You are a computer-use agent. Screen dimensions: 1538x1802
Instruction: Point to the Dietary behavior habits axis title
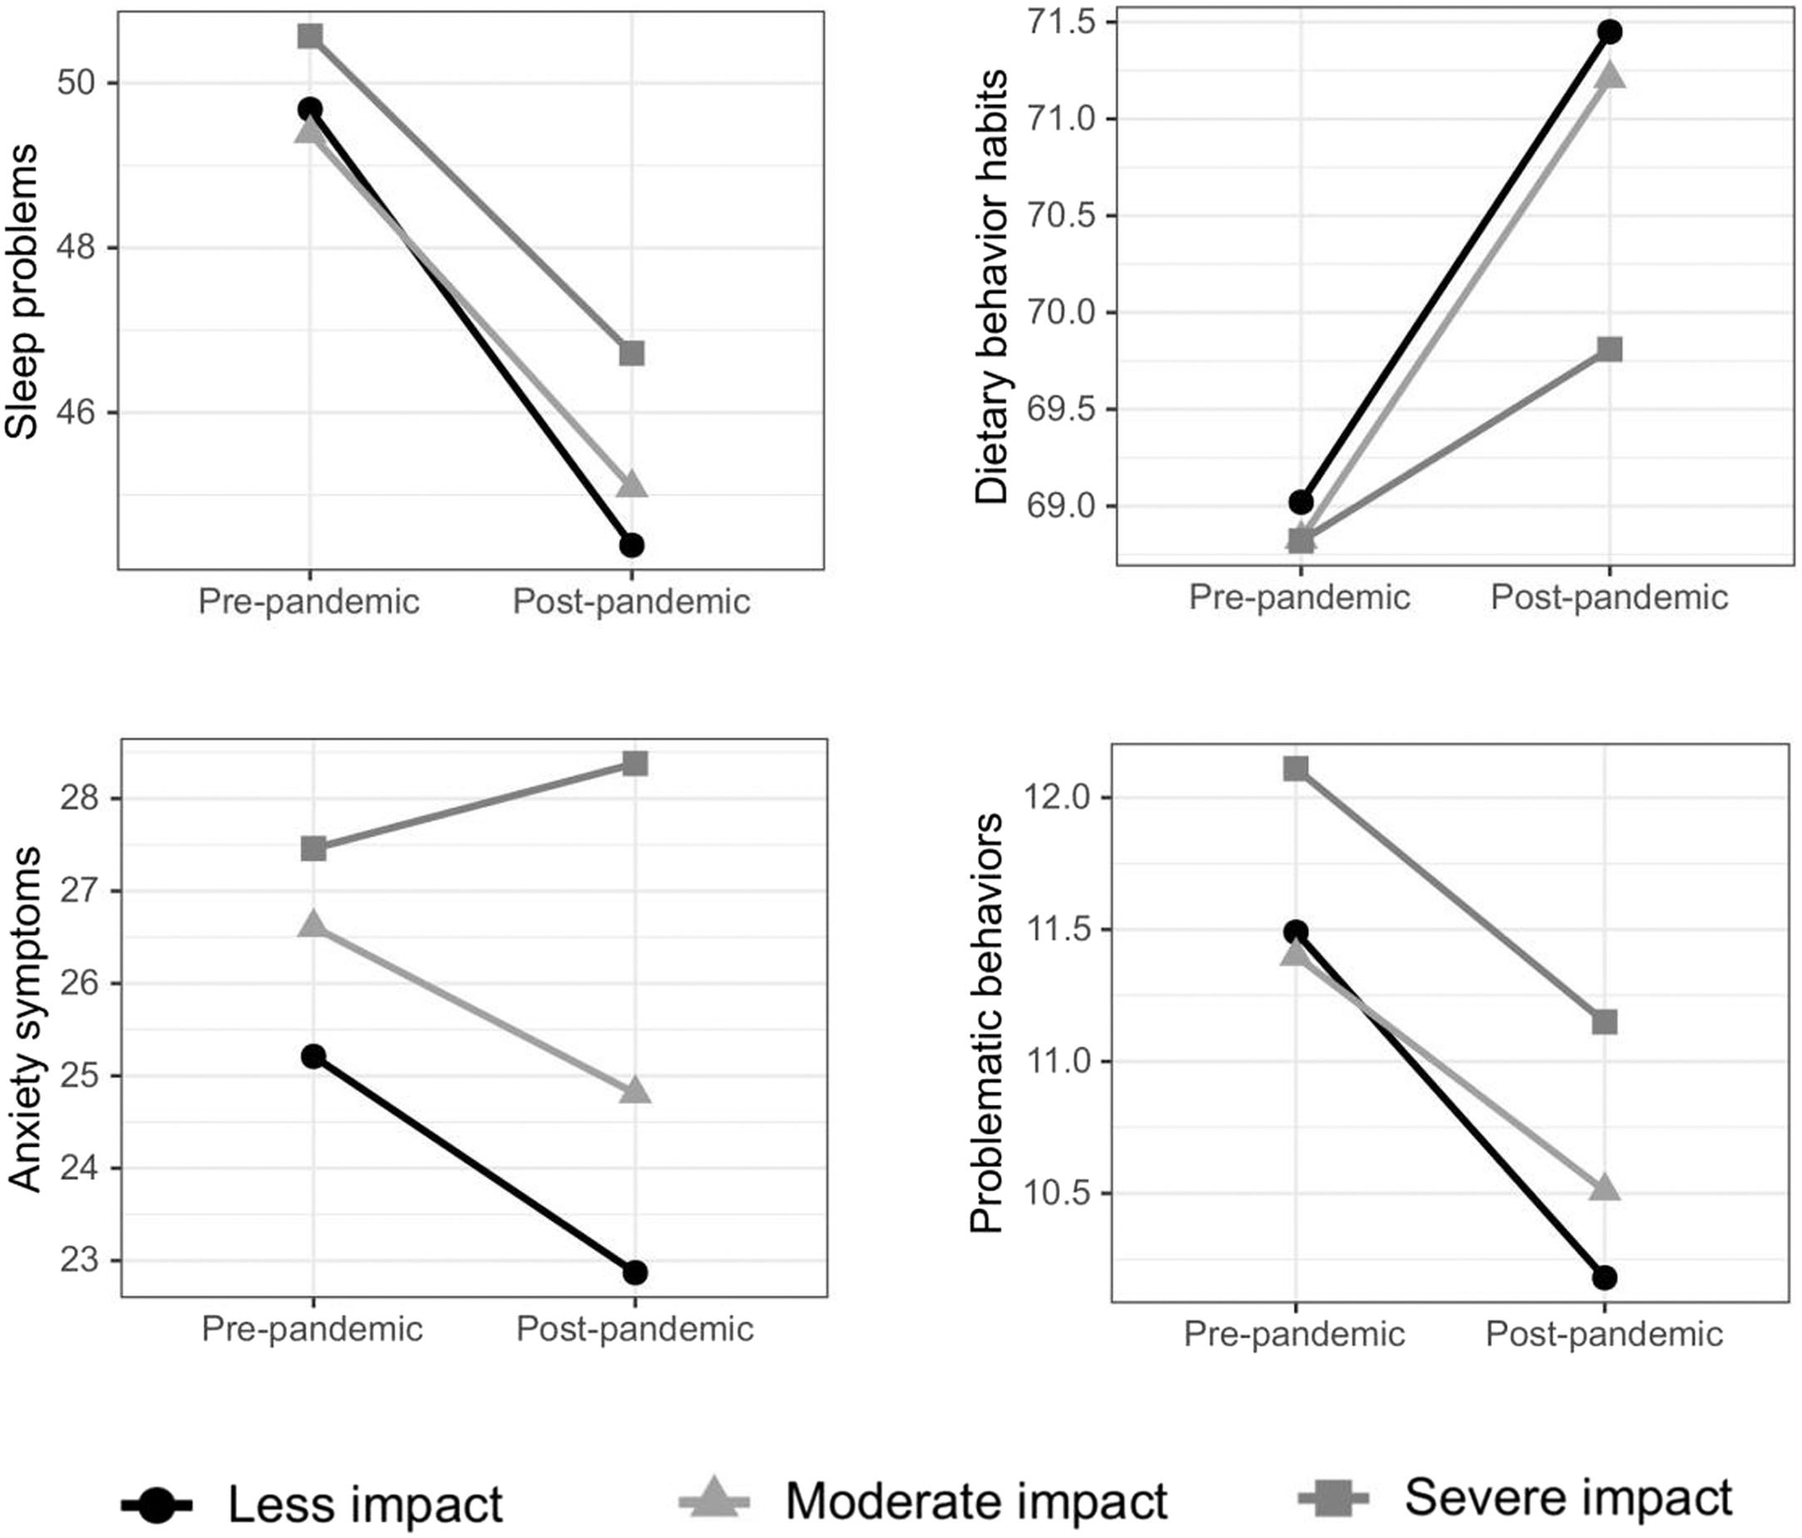pyautogui.click(x=990, y=288)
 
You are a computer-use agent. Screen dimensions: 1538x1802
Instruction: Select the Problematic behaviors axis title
pyautogui.click(x=987, y=1023)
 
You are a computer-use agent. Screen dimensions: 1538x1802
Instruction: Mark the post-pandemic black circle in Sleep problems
pyautogui.click(x=631, y=545)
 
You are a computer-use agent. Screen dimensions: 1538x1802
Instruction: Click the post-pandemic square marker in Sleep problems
pyautogui.click(x=631, y=353)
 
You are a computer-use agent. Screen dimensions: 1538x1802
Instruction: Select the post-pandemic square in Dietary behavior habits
pyautogui.click(x=1609, y=349)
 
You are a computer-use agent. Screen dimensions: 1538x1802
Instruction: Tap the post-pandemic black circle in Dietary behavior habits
pyautogui.click(x=1609, y=32)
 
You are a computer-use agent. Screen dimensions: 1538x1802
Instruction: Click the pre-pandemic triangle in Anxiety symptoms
pyautogui.click(x=313, y=925)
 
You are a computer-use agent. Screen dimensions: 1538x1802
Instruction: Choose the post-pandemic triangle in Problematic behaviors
pyautogui.click(x=1605, y=1188)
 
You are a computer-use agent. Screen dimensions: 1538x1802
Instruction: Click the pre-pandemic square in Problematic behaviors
pyautogui.click(x=1295, y=767)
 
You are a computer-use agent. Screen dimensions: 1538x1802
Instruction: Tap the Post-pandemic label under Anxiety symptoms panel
pyautogui.click(x=634, y=1329)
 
